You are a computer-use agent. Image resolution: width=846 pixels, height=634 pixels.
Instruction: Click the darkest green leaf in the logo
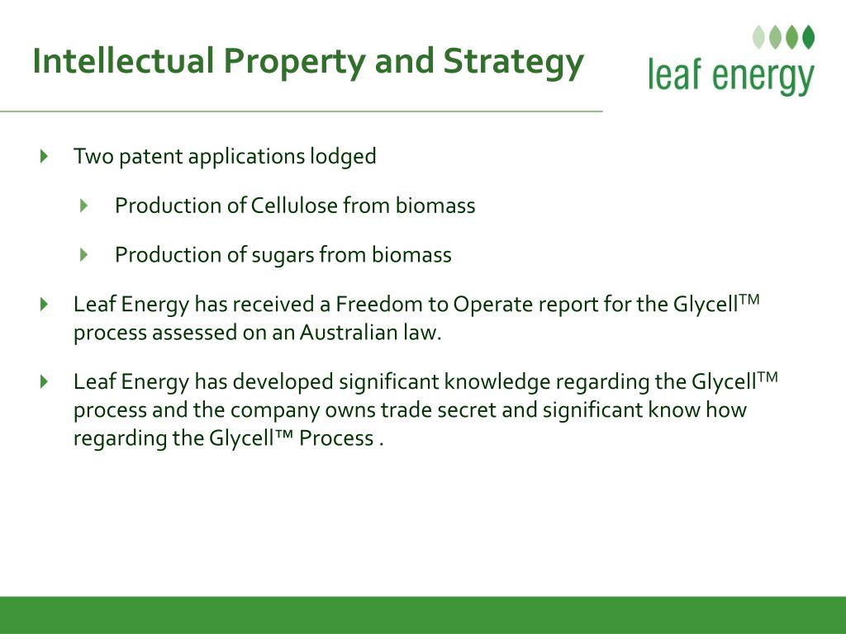point(808,37)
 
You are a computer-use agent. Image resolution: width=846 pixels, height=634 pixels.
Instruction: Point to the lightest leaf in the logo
point(758,37)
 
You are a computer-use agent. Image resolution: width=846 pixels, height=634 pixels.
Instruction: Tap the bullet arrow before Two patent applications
point(45,156)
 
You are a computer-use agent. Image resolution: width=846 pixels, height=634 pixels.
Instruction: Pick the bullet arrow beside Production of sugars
point(83,254)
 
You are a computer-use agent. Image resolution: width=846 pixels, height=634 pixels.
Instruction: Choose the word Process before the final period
point(336,438)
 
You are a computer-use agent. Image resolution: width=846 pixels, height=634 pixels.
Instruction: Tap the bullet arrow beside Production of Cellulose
point(83,206)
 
